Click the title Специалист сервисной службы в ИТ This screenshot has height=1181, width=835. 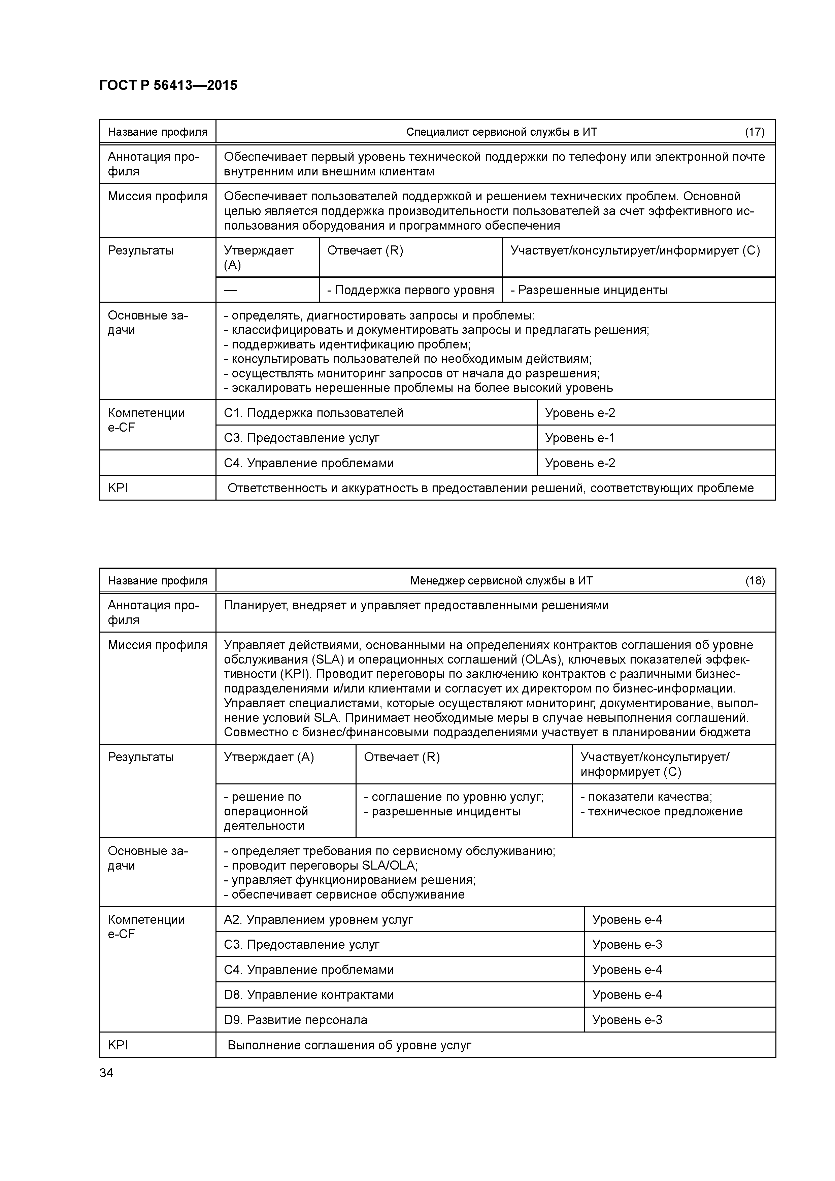(x=502, y=132)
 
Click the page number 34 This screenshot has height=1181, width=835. (x=106, y=1073)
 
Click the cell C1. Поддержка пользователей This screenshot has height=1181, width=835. (x=313, y=413)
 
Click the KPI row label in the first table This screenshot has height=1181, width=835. (x=118, y=487)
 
